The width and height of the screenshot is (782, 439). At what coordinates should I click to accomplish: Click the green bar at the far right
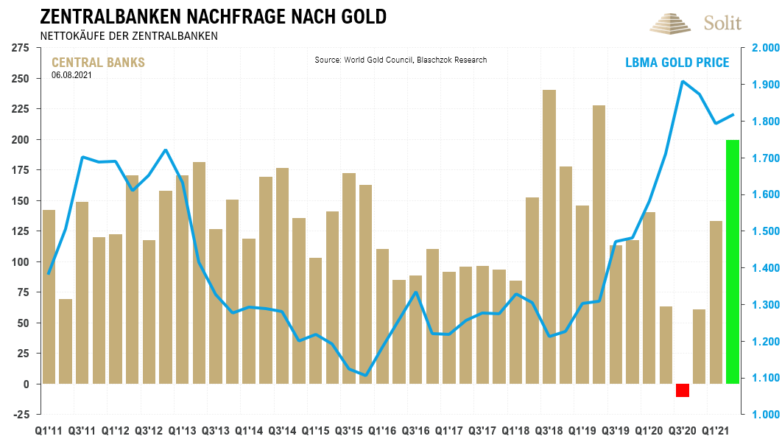pyautogui.click(x=733, y=261)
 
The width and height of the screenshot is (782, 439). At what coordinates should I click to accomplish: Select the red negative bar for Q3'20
pyautogui.click(x=683, y=390)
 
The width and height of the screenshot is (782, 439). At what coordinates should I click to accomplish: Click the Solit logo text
pyautogui.click(x=723, y=23)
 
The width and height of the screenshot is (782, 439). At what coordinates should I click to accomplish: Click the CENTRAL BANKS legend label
pyautogui.click(x=98, y=63)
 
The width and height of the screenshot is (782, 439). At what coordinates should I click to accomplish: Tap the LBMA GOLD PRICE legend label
pyautogui.click(x=672, y=63)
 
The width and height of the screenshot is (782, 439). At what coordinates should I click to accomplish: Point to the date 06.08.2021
pyautogui.click(x=71, y=74)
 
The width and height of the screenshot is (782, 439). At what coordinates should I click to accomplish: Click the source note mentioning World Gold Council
pyautogui.click(x=401, y=60)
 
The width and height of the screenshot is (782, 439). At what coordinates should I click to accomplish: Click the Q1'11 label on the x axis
pyautogui.click(x=49, y=429)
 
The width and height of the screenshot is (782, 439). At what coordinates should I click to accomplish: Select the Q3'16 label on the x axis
pyautogui.click(x=416, y=429)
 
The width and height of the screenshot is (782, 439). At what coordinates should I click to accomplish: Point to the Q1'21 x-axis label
pyautogui.click(x=716, y=429)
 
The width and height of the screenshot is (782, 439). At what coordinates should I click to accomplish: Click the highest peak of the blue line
pyautogui.click(x=683, y=81)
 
